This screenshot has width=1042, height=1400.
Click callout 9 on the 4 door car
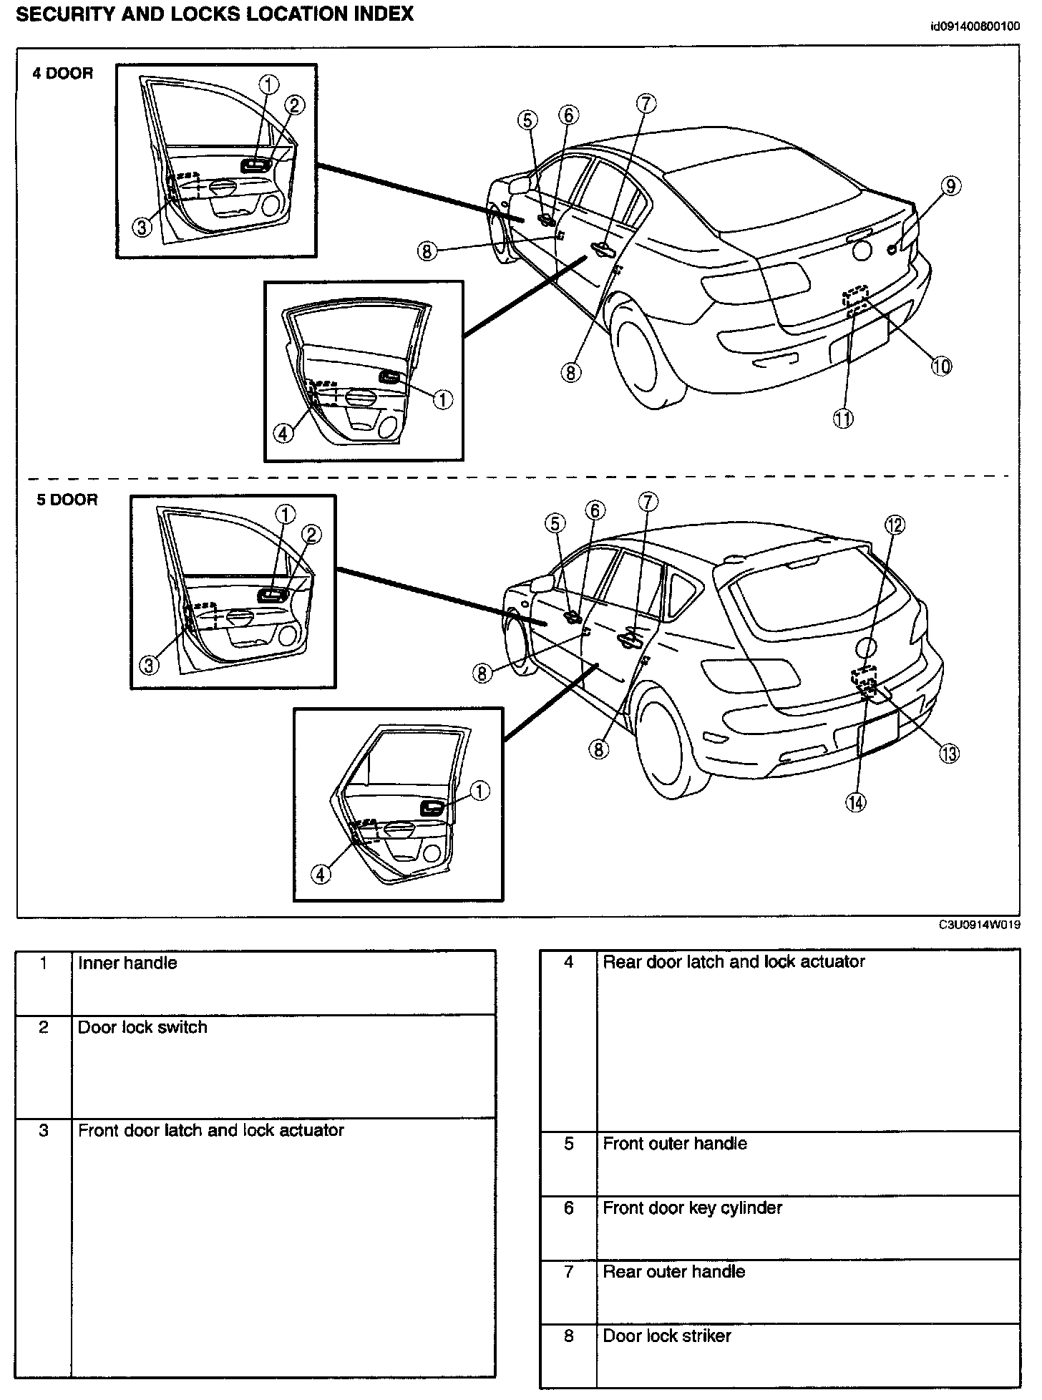(x=950, y=187)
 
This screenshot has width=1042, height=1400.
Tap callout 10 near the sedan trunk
(x=941, y=366)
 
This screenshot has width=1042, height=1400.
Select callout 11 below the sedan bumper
(x=844, y=419)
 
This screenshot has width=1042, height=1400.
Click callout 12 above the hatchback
(x=895, y=525)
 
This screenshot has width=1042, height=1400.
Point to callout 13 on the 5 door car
(x=949, y=753)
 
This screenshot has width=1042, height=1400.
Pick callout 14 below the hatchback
(x=855, y=802)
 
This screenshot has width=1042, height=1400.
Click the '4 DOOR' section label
(x=63, y=74)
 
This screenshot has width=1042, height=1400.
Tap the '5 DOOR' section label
(x=67, y=500)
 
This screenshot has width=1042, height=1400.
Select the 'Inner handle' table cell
(x=127, y=963)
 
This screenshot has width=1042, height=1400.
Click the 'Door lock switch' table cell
(x=142, y=1027)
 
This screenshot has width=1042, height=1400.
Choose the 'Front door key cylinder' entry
(x=692, y=1207)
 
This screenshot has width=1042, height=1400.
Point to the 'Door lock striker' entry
(x=667, y=1336)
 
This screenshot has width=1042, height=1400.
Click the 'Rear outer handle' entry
(x=673, y=1271)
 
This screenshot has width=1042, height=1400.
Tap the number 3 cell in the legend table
(x=44, y=1130)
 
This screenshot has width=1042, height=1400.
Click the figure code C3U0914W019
(x=980, y=925)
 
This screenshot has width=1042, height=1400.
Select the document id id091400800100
(x=974, y=27)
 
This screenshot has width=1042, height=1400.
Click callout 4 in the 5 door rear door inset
(x=321, y=874)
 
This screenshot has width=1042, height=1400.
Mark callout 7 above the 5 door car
(x=647, y=502)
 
